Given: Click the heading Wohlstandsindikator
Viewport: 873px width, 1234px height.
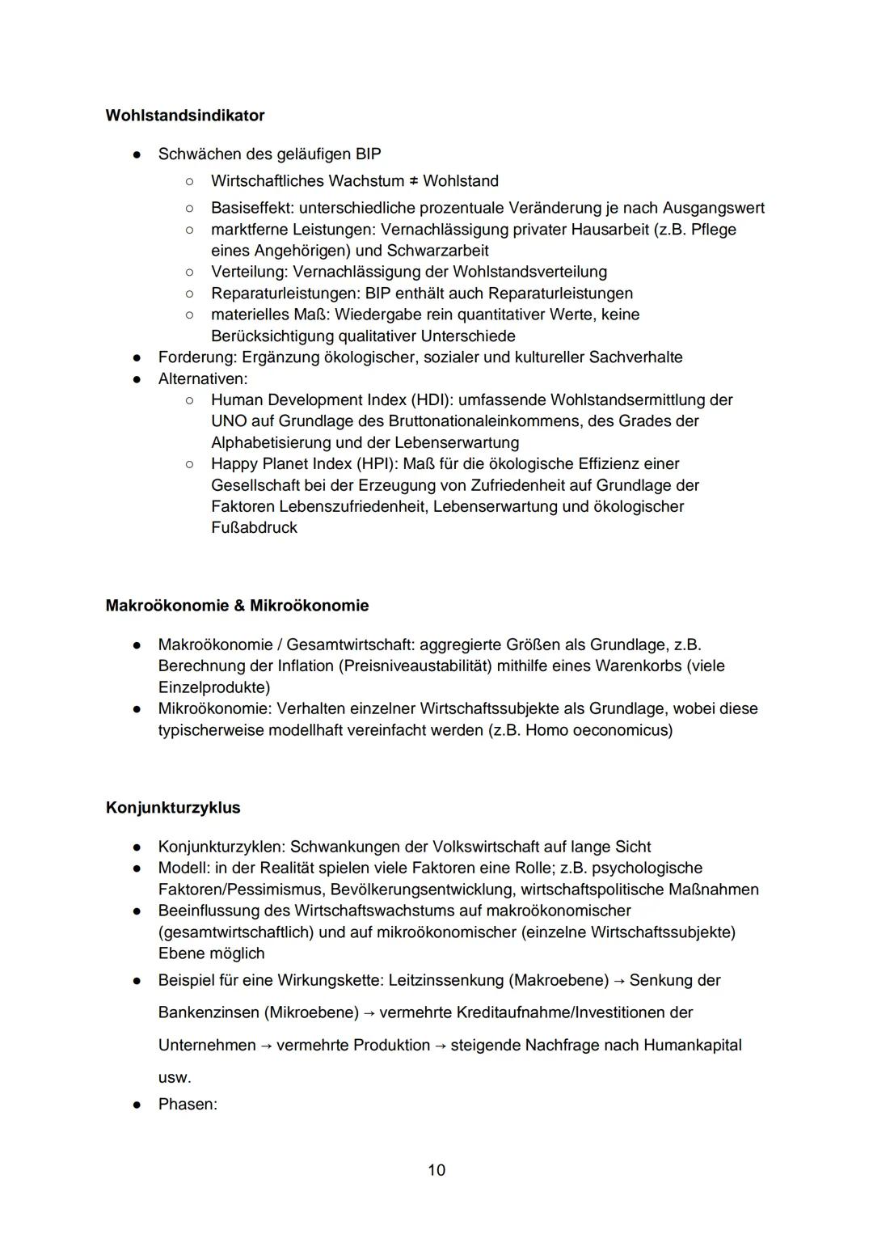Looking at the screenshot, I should (x=184, y=116).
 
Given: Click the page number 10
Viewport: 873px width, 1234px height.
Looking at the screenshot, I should (x=436, y=1170).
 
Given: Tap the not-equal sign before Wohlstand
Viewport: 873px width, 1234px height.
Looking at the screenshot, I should (x=413, y=181).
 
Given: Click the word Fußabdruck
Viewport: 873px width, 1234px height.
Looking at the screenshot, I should (x=254, y=528).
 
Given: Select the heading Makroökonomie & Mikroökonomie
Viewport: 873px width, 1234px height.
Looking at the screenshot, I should (x=237, y=606).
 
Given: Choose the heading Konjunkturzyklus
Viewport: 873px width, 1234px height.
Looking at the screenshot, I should (x=173, y=808).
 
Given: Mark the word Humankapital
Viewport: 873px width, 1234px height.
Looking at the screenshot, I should (x=692, y=1045).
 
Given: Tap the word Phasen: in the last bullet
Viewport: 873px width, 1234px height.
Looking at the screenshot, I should (x=188, y=1104).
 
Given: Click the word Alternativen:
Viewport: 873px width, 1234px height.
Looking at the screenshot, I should (x=203, y=378).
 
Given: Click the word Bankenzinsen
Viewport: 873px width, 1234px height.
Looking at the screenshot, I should (x=209, y=1012).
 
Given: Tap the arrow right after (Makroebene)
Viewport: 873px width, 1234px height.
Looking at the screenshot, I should (x=618, y=980).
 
